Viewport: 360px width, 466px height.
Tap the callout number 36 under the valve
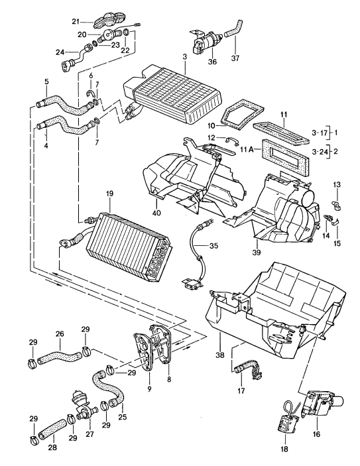212,62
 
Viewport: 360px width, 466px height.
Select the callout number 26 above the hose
59,334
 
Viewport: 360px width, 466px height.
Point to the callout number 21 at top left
75,22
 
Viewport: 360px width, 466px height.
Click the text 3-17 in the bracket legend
320,133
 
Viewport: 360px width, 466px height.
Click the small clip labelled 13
335,197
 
